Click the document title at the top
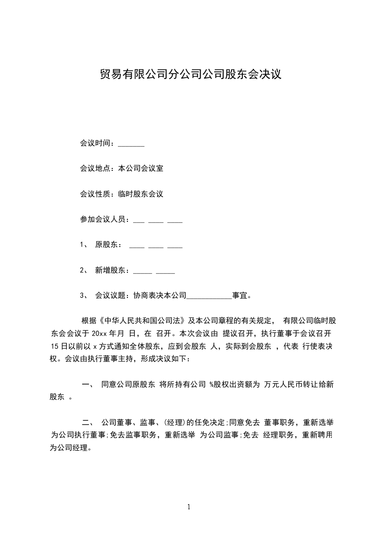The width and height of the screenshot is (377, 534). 191,74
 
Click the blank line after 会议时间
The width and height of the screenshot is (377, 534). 131,144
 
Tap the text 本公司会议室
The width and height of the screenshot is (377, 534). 140,168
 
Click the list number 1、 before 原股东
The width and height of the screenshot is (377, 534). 84,245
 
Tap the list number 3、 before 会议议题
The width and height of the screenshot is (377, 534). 84,296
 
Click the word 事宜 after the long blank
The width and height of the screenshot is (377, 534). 239,296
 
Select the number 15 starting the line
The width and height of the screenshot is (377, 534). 54,346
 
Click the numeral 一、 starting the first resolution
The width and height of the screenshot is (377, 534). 88,384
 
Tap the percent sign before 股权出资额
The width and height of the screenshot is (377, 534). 211,384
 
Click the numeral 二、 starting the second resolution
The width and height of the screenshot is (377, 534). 88,422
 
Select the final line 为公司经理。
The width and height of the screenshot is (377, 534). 71,448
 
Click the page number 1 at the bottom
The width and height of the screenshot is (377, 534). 189,507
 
